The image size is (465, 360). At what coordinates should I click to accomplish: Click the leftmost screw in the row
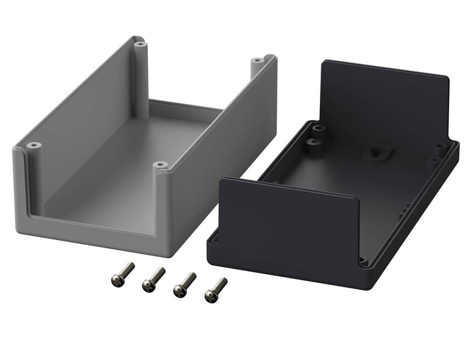point(122,273)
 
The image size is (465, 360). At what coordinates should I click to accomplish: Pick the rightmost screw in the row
point(216,289)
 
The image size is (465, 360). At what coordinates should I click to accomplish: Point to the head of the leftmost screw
point(117,279)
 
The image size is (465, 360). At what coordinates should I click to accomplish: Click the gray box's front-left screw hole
point(34,146)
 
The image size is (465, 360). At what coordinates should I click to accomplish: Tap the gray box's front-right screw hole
point(161,165)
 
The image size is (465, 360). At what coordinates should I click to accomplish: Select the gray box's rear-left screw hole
point(140,44)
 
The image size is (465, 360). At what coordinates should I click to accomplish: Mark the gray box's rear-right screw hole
point(258,60)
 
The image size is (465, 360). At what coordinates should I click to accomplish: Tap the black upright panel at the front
point(285,222)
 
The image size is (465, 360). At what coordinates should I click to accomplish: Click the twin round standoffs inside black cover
point(316,135)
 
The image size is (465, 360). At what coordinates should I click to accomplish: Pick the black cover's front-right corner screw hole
point(362,262)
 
